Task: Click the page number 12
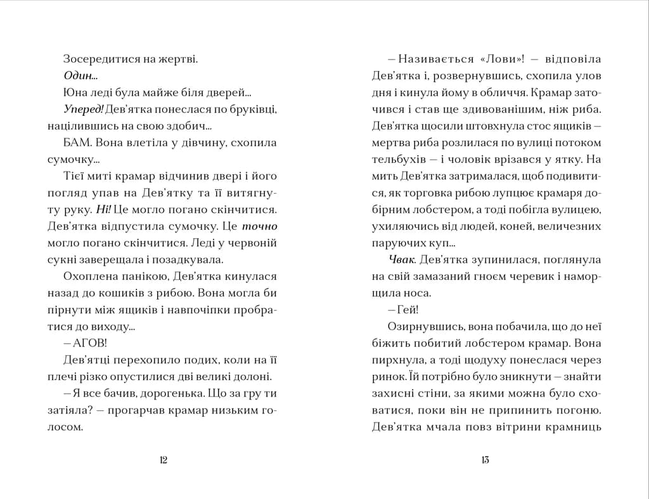[163, 460]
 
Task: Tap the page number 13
[485, 460]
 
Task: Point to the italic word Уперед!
[84, 109]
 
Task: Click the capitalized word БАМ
[75, 142]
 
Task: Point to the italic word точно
[260, 225]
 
